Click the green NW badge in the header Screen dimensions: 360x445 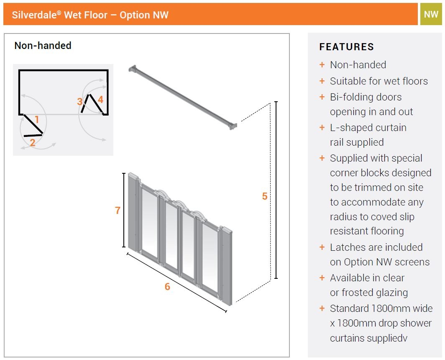click(431, 15)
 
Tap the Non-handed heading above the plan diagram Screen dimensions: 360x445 click(43, 46)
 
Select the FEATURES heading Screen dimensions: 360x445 click(346, 47)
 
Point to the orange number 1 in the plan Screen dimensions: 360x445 click(37, 120)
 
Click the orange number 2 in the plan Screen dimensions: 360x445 click(33, 143)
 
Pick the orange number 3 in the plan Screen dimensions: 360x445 click(80, 102)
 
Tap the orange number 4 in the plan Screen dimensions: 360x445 click(100, 100)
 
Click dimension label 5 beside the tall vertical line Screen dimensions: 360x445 click(264, 196)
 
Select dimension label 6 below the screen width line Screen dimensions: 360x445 click(167, 287)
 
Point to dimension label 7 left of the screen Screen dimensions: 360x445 click(118, 211)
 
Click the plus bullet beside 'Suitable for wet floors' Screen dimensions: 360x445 click(322, 81)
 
